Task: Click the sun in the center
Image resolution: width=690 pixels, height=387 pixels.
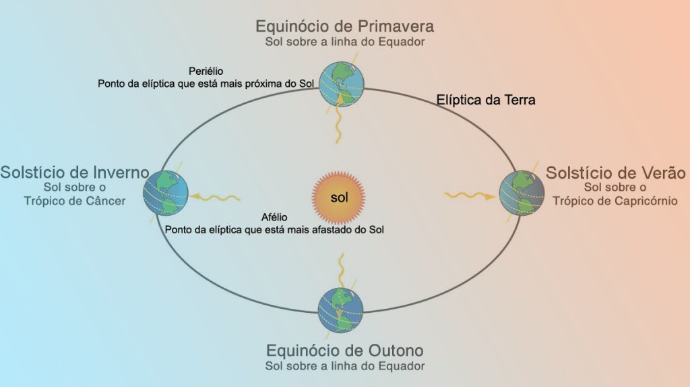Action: tap(338, 198)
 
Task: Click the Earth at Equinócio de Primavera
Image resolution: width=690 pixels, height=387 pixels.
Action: tap(341, 84)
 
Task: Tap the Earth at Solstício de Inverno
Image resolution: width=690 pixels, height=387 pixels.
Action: tap(166, 193)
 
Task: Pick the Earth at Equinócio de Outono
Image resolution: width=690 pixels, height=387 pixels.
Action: tap(341, 311)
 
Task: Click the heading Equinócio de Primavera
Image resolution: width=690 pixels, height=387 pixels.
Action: tap(344, 26)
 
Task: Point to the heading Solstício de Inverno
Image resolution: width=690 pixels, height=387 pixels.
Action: tap(74, 172)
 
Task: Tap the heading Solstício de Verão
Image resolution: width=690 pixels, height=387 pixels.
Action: tap(615, 173)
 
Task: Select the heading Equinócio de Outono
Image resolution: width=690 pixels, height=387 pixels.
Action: tap(344, 351)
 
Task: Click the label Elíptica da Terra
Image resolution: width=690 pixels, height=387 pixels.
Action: tap(486, 100)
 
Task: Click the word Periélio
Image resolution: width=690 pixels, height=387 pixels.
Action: tap(206, 71)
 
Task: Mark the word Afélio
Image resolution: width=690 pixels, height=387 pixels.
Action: tap(274, 217)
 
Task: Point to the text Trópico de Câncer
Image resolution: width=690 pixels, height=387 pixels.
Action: tap(75, 201)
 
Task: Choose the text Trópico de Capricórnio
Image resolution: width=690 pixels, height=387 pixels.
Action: tap(615, 201)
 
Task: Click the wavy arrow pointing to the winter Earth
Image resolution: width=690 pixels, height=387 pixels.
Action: tap(215, 198)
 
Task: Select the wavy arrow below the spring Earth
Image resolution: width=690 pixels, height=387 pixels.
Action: tap(341, 121)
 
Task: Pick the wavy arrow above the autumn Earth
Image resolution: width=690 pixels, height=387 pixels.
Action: tap(342, 271)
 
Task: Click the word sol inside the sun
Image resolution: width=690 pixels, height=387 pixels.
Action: tap(339, 198)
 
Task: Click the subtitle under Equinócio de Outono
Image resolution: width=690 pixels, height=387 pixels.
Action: tap(344, 366)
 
